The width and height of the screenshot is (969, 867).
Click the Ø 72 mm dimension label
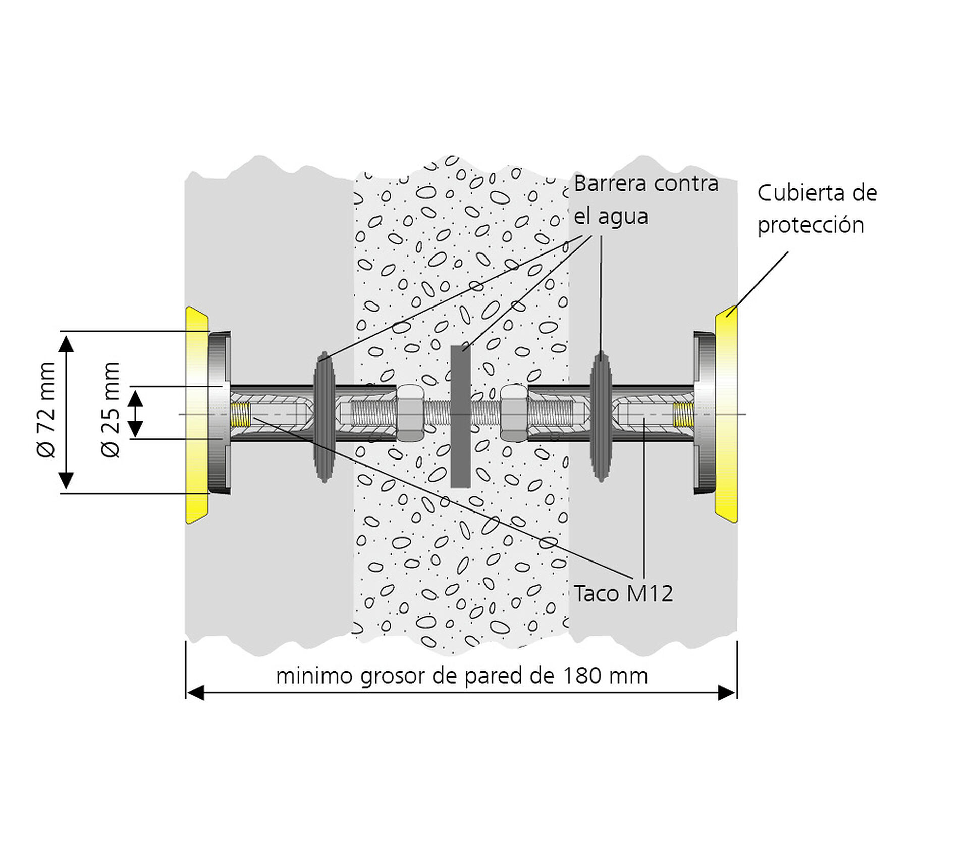point(46,410)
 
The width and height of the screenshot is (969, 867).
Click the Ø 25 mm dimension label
point(111,410)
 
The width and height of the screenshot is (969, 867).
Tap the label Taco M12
point(623,594)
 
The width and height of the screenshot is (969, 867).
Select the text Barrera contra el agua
point(646,200)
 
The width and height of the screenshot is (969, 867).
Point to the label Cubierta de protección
point(817,209)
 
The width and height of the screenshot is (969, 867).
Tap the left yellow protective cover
point(196,415)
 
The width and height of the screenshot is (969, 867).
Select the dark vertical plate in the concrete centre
point(460,417)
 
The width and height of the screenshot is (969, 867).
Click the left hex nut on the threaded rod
point(410,414)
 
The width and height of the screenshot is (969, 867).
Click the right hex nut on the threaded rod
point(514,413)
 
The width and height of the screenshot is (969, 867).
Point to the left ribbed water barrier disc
point(324,417)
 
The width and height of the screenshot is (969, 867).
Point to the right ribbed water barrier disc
point(601,416)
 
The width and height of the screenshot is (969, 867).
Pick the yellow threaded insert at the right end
point(683,415)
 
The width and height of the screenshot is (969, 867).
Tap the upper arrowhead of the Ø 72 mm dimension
point(66,343)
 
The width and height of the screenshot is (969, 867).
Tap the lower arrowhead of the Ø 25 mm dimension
point(135,429)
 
